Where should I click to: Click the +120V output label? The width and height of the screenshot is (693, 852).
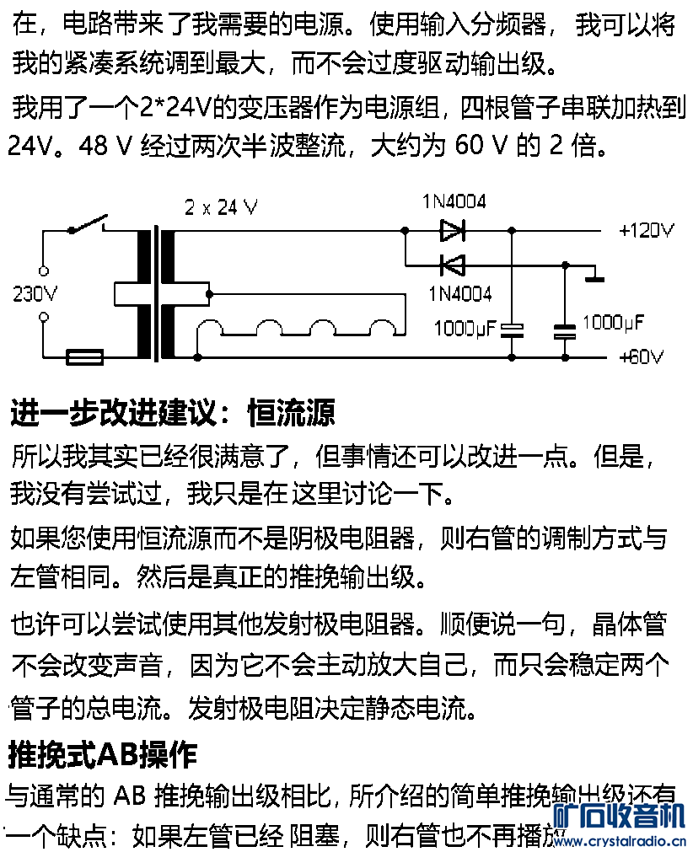pyautogui.click(x=647, y=230)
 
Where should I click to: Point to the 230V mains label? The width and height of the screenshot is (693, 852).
pyautogui.click(x=35, y=294)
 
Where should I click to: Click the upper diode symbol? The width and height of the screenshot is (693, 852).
pyautogui.click(x=453, y=229)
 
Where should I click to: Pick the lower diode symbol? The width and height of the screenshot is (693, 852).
pyautogui.click(x=453, y=265)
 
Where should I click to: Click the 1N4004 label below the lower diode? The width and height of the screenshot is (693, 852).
pyautogui.click(x=459, y=294)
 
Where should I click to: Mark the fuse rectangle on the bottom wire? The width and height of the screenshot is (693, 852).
pyautogui.click(x=84, y=357)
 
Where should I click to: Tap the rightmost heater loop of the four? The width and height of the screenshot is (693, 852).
pyautogui.click(x=380, y=330)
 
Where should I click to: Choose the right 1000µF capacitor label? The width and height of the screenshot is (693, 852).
pyautogui.click(x=613, y=322)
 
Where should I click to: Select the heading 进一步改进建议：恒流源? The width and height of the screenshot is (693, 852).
pyautogui.click(x=172, y=414)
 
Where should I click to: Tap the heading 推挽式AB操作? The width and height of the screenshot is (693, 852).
pyautogui.click(x=102, y=754)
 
